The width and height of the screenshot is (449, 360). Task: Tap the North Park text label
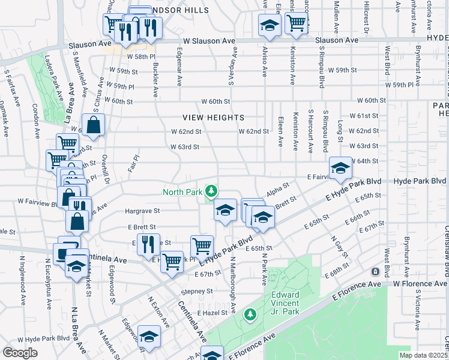[182, 193]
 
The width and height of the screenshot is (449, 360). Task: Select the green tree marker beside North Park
[211, 191]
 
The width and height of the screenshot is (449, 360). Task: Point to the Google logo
[20, 352]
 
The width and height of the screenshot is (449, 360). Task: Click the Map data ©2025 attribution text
[424, 355]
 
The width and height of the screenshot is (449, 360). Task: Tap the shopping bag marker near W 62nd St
[94, 125]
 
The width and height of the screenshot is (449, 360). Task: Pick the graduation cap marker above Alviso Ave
[270, 25]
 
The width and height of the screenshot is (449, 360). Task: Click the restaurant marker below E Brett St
[148, 244]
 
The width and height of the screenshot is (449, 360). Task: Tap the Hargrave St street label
[142, 211]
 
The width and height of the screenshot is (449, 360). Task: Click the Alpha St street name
[278, 188]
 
